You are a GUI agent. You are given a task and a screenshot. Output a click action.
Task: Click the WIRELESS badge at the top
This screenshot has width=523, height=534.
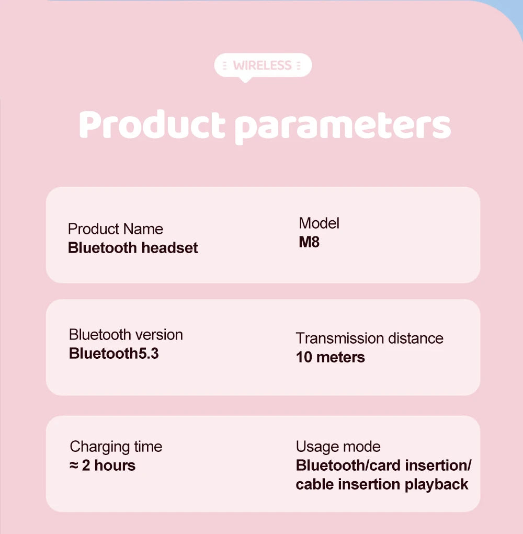[x=263, y=65]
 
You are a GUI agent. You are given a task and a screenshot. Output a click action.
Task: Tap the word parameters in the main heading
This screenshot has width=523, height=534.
[x=342, y=126]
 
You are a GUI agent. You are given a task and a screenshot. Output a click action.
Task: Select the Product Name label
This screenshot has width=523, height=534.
[x=116, y=229]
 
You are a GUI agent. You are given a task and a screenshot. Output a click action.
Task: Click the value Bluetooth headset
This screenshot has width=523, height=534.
[x=133, y=247]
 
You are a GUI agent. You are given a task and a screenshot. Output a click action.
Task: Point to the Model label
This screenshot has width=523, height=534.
[x=319, y=223]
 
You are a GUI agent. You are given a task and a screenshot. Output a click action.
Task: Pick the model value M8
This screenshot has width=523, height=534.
[x=309, y=243]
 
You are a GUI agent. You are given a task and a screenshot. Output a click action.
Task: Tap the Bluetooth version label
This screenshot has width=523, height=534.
[x=126, y=335]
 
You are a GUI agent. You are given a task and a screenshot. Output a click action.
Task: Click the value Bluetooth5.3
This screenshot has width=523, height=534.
[x=113, y=354]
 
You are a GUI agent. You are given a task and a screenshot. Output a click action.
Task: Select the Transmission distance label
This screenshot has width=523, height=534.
[x=369, y=338]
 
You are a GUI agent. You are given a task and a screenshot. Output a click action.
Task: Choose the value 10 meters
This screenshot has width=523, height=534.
[x=331, y=357]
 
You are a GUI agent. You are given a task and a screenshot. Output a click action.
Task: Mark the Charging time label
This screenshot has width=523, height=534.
[x=116, y=447]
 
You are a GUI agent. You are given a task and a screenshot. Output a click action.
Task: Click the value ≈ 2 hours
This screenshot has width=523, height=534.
[x=103, y=465]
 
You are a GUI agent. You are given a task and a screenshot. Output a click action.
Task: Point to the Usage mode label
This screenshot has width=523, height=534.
[x=338, y=447]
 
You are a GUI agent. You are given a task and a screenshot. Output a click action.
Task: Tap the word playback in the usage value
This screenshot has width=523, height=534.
[x=437, y=484]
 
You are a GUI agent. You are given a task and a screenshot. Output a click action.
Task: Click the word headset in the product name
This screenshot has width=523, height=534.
[x=170, y=247]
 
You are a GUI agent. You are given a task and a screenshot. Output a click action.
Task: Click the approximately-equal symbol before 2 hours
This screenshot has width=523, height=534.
[x=74, y=465]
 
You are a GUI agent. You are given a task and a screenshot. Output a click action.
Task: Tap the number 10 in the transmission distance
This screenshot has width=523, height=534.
[x=304, y=357]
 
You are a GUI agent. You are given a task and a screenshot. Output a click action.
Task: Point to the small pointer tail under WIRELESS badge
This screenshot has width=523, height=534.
[x=245, y=79]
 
